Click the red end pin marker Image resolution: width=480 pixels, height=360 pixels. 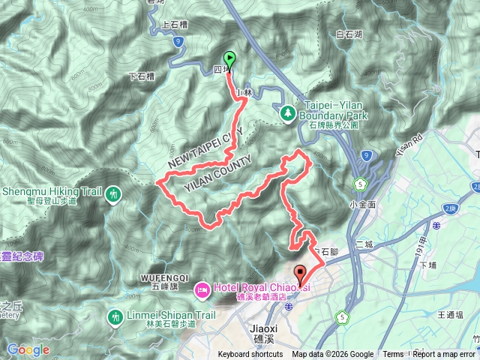pyautogui.click(x=300, y=274)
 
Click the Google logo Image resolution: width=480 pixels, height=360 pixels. pyautogui.click(x=28, y=349)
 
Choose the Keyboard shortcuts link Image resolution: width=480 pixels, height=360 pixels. pyautogui.click(x=251, y=355)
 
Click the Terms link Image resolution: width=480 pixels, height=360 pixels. pyautogui.click(x=393, y=355)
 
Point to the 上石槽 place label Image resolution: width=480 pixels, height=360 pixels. pyautogui.click(x=177, y=24)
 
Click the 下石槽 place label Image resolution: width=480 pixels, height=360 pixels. pyautogui.click(x=142, y=76)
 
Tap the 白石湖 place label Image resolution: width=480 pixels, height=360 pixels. pyautogui.click(x=349, y=34)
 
